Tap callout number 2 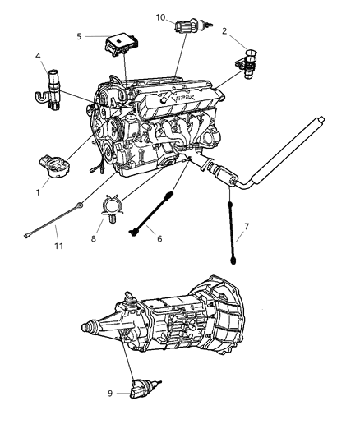224,31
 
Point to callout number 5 79,36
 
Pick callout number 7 247,225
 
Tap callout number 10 160,16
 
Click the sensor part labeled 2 251,61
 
